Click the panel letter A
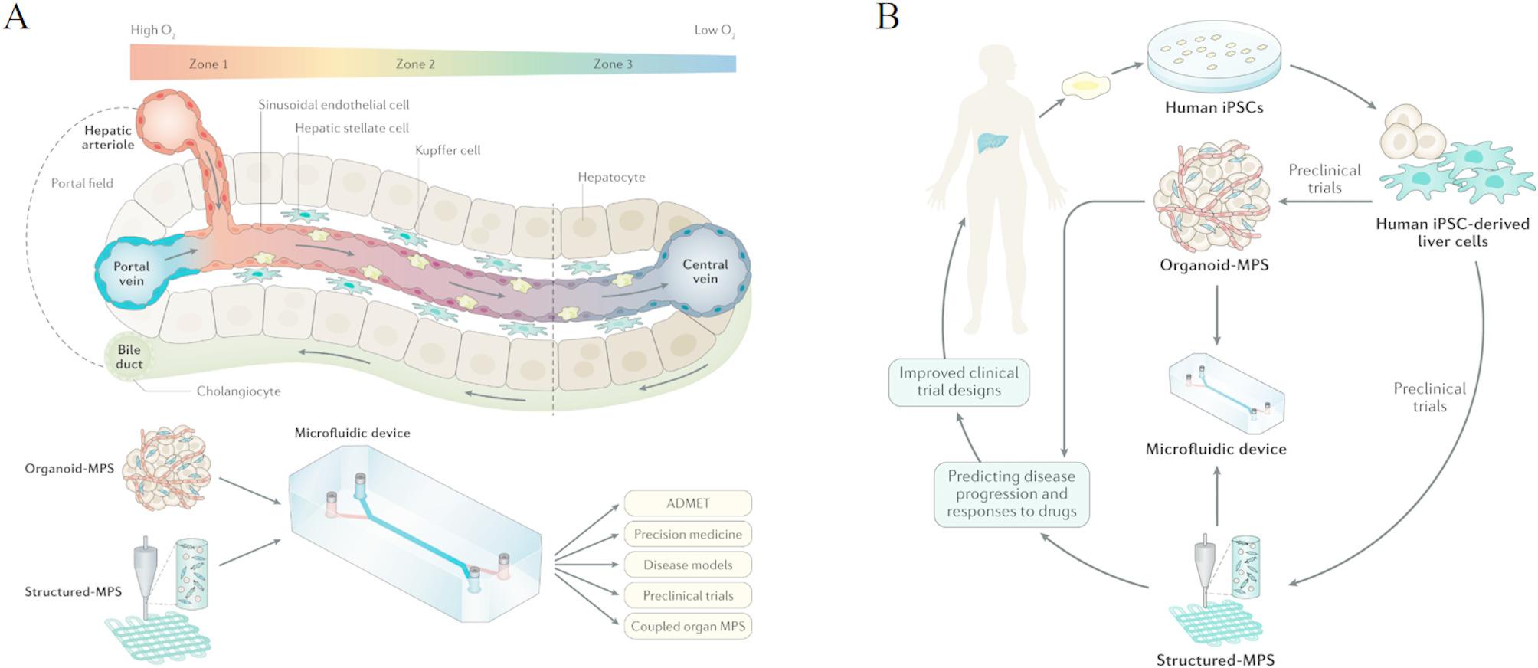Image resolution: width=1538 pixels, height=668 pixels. (x=16, y=16)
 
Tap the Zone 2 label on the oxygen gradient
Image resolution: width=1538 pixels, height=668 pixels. (x=415, y=64)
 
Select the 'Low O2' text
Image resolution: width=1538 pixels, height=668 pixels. (x=714, y=31)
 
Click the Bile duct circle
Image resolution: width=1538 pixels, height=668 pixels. (x=129, y=357)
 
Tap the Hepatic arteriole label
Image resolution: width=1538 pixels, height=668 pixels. (x=108, y=137)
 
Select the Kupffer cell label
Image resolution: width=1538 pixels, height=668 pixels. (x=447, y=150)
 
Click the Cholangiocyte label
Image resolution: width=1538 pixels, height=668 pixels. (x=238, y=391)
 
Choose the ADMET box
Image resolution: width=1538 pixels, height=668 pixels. (x=688, y=503)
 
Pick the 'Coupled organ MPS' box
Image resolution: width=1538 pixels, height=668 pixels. (x=688, y=626)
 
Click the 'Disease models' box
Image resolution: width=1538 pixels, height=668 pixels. (x=688, y=565)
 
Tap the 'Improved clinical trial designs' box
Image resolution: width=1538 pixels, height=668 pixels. (x=959, y=381)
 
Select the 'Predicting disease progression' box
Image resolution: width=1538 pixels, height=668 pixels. (x=1011, y=494)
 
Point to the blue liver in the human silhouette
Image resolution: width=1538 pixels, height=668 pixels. (x=992, y=142)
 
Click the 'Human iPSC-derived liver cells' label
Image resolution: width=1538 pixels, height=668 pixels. (x=1452, y=232)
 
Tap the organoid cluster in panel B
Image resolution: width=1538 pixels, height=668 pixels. (x=1213, y=195)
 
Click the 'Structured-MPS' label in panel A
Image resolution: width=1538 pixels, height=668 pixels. (x=73, y=591)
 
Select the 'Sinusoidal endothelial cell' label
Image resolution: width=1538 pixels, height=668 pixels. (x=333, y=104)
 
